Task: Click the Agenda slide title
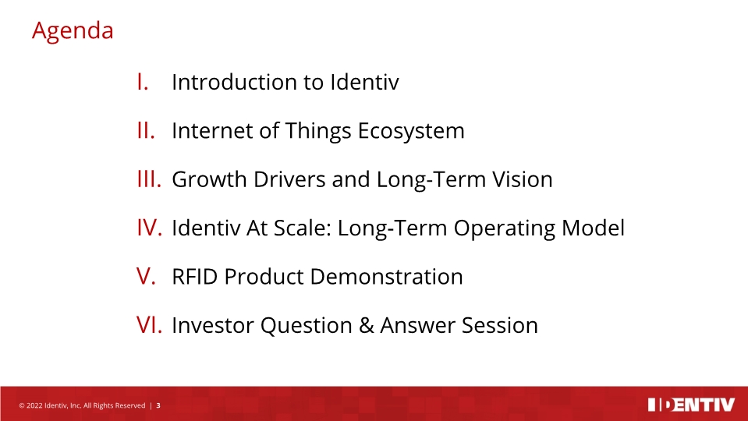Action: pos(73,31)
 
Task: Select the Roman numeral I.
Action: pos(142,82)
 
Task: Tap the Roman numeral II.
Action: pos(145,130)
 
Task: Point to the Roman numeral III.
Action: pos(148,179)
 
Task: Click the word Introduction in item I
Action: pos(235,82)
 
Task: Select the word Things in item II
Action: pos(315,130)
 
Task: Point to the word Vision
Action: pos(523,179)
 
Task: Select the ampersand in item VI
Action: pos(366,325)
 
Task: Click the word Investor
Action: pos(212,325)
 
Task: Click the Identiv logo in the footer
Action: pos(691,405)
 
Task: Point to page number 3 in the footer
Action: pos(158,405)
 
